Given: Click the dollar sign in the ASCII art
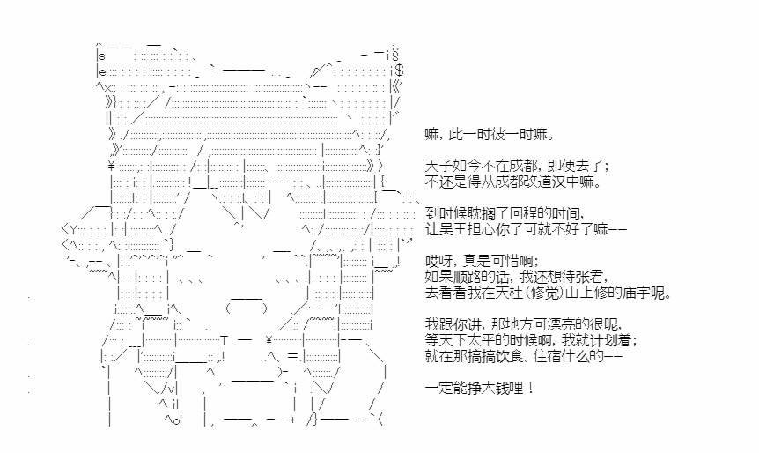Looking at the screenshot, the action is [400, 71].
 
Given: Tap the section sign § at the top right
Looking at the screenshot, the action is [395, 55].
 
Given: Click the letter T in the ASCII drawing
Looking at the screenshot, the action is [225, 340].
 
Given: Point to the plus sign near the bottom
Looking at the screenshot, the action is [292, 420].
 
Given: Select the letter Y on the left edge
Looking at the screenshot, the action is [73, 228].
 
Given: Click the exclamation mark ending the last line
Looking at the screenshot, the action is [531, 388].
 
